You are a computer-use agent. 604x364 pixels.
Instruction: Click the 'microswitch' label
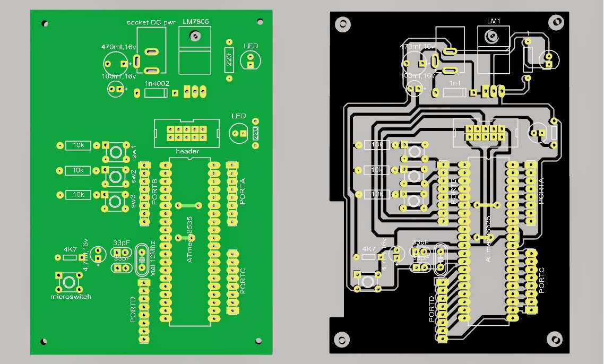[x=71, y=297]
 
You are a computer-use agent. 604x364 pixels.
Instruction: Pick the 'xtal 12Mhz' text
[x=153, y=258]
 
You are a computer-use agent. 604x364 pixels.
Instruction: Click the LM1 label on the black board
[x=494, y=21]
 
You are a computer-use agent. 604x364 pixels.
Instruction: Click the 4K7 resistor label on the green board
[x=70, y=249]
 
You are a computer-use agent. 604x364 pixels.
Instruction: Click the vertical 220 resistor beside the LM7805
[x=229, y=60]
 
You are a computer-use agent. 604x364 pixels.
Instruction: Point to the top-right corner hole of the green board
[x=260, y=21]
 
